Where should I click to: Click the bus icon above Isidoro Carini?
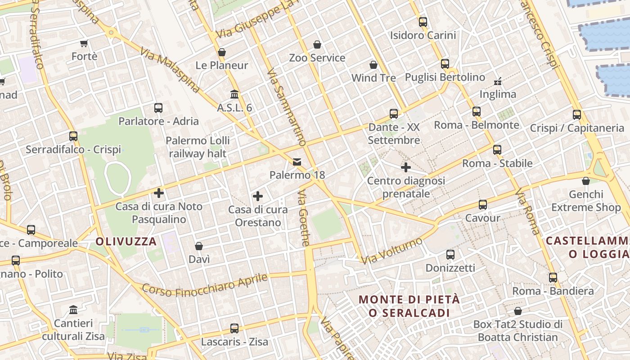pyautogui.click(x=423, y=22)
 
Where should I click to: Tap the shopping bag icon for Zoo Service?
pyautogui.click(x=317, y=45)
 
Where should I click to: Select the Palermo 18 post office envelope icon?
pyautogui.click(x=297, y=162)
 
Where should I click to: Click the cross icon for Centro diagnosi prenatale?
pyautogui.click(x=406, y=167)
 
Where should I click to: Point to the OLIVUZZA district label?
pyautogui.click(x=126, y=242)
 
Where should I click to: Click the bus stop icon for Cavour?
pyautogui.click(x=483, y=205)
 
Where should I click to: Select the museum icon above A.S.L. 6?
pyautogui.click(x=234, y=94)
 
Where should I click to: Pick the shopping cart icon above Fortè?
pyautogui.click(x=84, y=43)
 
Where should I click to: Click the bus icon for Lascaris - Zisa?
pyautogui.click(x=234, y=328)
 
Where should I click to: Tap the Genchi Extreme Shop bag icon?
pyautogui.click(x=586, y=181)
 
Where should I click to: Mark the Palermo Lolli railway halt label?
pyautogui.click(x=198, y=147)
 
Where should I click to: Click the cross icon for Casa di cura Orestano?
pyautogui.click(x=258, y=196)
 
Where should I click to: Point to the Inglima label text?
pyautogui.click(x=498, y=94)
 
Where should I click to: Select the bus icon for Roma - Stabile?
pyautogui.click(x=497, y=150)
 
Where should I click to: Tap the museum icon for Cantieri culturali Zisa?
pyautogui.click(x=73, y=310)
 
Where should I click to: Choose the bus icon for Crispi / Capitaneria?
pyautogui.click(x=577, y=115)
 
